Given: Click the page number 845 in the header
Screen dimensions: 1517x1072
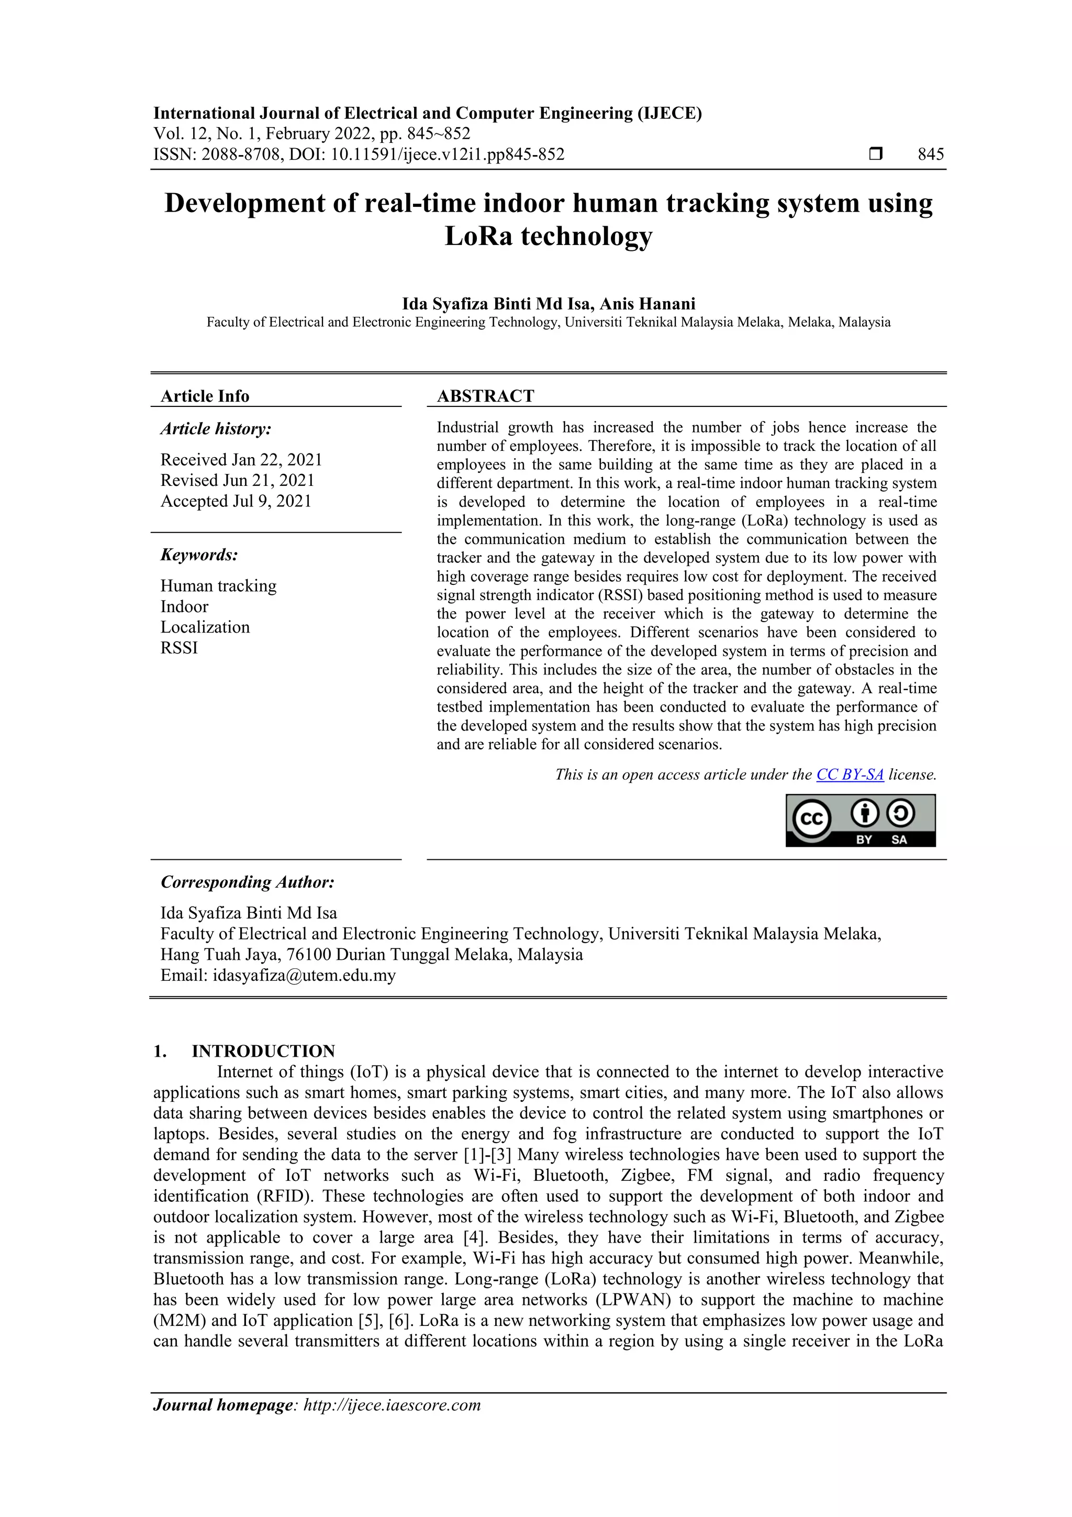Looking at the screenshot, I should (x=930, y=154).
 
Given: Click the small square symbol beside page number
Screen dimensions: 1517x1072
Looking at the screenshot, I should (x=875, y=154).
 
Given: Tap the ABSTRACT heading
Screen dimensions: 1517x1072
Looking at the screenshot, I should (x=485, y=396).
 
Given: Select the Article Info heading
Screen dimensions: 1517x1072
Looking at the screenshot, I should (x=205, y=396).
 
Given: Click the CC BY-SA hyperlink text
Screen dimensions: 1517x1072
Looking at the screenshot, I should (x=850, y=774).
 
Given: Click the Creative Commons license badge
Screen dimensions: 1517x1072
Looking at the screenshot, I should (x=860, y=820).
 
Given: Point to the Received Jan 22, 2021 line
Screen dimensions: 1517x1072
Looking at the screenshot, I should (x=241, y=460).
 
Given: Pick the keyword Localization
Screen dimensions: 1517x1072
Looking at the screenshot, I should (x=205, y=627).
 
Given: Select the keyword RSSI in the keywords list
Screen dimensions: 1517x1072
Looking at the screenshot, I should (x=179, y=648).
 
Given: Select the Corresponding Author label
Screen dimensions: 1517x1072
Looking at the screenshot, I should (x=247, y=882).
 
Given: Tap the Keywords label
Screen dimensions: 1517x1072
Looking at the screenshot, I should (x=199, y=555).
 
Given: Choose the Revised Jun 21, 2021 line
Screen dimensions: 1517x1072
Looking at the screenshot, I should (x=237, y=480).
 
